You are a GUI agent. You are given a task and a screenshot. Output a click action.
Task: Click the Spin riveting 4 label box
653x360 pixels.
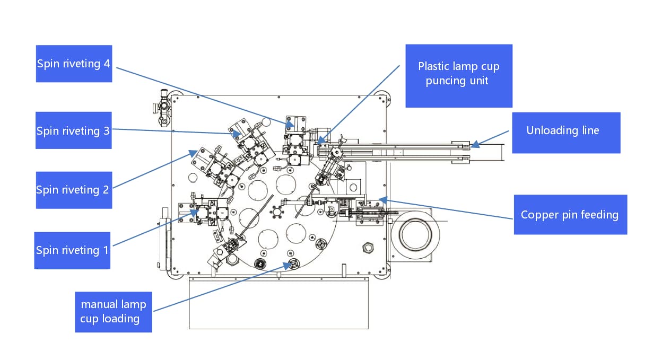[x=74, y=64]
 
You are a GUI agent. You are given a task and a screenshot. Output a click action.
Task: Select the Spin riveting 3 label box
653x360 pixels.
[x=74, y=130]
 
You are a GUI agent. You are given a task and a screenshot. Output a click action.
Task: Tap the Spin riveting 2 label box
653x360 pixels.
[x=74, y=190]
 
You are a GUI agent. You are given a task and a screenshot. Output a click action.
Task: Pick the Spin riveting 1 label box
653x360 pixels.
[x=73, y=250]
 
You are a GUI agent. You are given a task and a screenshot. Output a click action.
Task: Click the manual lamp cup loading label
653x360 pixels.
[x=113, y=312]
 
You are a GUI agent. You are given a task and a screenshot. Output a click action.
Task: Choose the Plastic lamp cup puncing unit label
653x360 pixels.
[x=459, y=75]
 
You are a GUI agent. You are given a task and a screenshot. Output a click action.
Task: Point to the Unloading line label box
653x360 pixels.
[x=565, y=132]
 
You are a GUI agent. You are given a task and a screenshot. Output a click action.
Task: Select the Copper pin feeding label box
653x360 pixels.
[x=570, y=215]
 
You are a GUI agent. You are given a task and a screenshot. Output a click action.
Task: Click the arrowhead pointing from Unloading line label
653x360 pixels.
[x=473, y=143]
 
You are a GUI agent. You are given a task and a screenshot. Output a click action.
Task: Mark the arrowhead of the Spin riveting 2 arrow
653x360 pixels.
[x=191, y=154]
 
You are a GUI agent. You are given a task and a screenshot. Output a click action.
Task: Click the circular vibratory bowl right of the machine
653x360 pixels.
[x=415, y=233]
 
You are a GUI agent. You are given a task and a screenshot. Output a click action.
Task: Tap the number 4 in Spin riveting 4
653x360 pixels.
[x=107, y=64]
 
